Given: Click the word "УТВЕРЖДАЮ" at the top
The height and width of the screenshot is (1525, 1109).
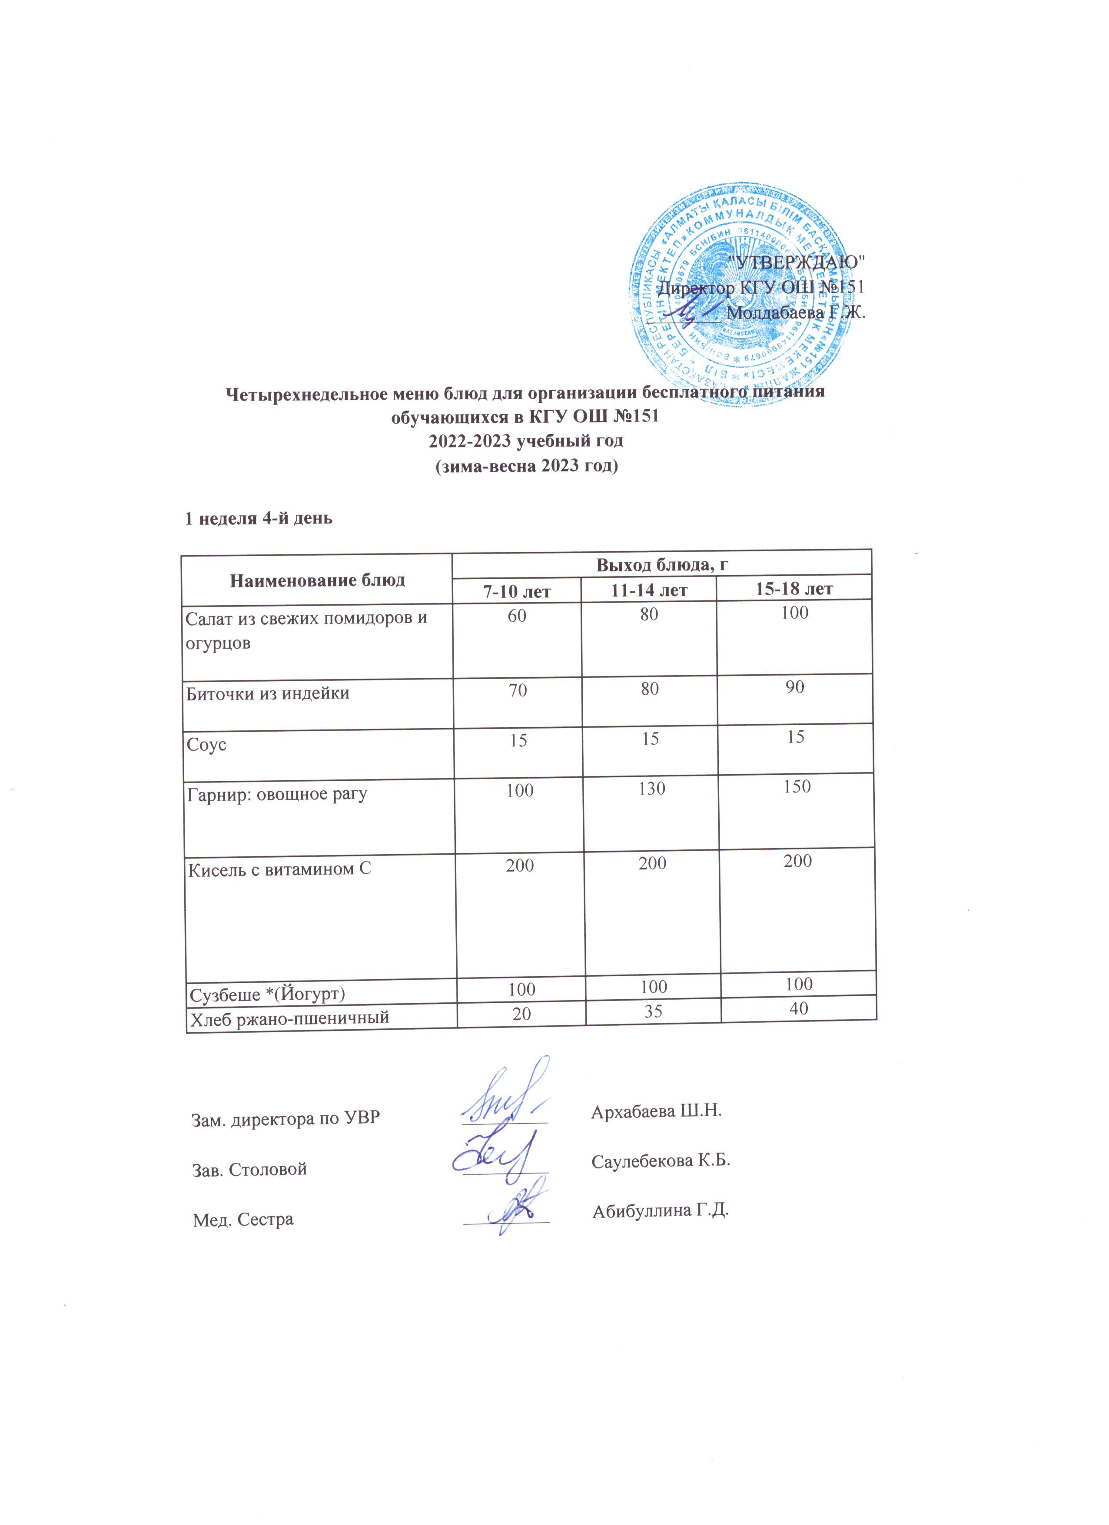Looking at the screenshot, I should point(796,262).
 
